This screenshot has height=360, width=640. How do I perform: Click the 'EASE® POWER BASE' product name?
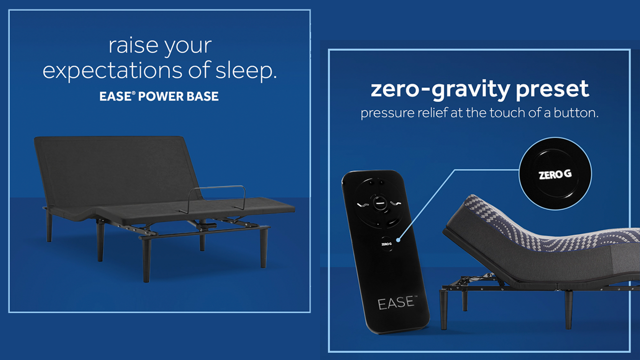tap(159, 96)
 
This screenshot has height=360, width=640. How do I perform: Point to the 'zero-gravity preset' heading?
tap(479, 89)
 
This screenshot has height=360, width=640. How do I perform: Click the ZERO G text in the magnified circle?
tap(555, 175)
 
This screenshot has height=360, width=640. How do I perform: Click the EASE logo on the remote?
tap(395, 302)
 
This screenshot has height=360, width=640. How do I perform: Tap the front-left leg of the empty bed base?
tap(146, 260)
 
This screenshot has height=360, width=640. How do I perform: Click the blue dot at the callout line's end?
tap(397, 239)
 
